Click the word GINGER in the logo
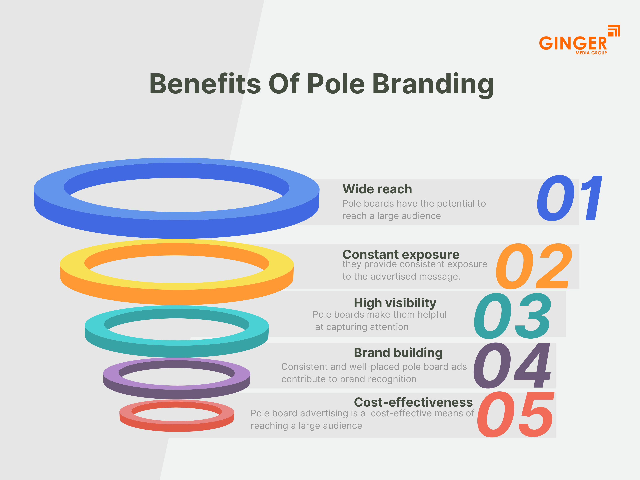573,43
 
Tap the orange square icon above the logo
613,31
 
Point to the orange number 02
534,266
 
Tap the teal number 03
512,316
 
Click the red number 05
515,414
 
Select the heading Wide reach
377,189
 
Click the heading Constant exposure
401,255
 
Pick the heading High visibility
395,303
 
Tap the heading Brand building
398,353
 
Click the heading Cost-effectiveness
413,402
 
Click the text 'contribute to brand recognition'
349,379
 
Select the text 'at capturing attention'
362,327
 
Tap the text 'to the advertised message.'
401,277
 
